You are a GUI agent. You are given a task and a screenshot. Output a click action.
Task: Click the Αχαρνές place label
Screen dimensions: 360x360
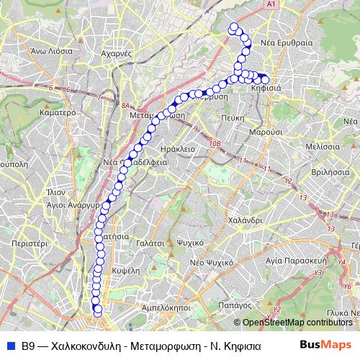pyautogui.click(x=115, y=53)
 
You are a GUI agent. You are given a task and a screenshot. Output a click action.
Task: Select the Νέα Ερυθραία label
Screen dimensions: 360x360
pyautogui.click(x=287, y=42)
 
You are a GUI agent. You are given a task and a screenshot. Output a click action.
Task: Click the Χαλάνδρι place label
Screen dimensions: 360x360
pyautogui.click(x=243, y=220)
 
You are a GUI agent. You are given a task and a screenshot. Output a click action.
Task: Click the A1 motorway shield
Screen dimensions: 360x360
pyautogui.click(x=271, y=5)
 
